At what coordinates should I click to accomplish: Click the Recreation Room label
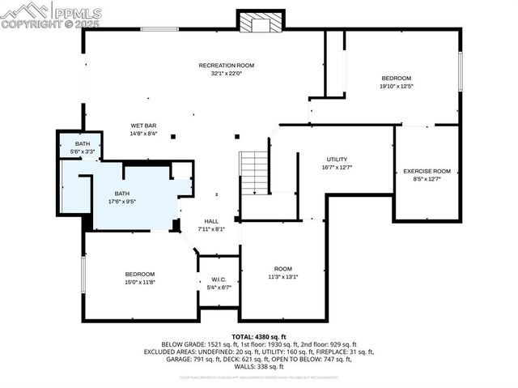(x=227, y=65)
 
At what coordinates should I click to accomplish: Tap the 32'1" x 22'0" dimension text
(x=227, y=73)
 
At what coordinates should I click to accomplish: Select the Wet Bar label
(x=144, y=126)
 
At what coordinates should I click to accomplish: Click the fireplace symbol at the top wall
(x=261, y=23)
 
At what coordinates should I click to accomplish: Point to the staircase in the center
(x=254, y=172)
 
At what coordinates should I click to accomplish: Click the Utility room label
(x=338, y=159)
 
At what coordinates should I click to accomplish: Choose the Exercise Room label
(x=427, y=171)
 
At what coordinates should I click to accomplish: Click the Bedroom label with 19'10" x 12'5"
(x=396, y=78)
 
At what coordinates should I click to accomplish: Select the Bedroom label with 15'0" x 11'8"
(x=139, y=274)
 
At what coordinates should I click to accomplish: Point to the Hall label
(x=210, y=221)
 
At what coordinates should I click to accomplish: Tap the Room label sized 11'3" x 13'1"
(x=282, y=269)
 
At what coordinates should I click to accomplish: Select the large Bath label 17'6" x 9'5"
(x=121, y=193)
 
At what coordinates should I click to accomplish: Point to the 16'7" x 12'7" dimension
(x=338, y=167)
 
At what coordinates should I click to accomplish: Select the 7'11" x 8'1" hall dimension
(x=210, y=229)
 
